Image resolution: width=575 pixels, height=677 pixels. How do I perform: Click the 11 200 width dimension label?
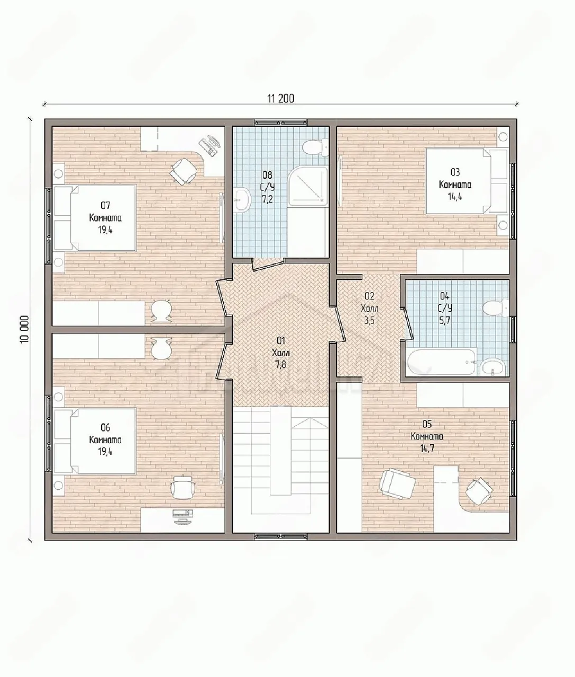click(281, 98)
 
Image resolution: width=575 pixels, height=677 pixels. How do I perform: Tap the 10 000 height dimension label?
click(24, 329)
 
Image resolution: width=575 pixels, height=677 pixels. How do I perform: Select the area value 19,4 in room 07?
click(105, 230)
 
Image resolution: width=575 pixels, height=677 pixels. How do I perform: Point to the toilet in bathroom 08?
click(315, 147)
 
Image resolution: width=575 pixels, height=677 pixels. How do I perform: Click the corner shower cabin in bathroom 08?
click(308, 186)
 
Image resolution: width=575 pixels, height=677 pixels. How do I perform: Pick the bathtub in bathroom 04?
click(441, 362)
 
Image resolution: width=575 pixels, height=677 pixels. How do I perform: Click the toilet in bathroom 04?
click(495, 307)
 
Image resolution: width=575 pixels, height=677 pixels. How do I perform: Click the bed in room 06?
click(95, 441)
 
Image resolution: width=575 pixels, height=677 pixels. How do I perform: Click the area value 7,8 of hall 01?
click(281, 365)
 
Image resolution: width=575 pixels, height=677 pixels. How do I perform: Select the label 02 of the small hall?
click(369, 296)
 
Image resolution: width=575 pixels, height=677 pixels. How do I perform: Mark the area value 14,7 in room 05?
click(427, 449)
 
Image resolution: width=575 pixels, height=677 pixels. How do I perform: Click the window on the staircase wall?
click(281, 536)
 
